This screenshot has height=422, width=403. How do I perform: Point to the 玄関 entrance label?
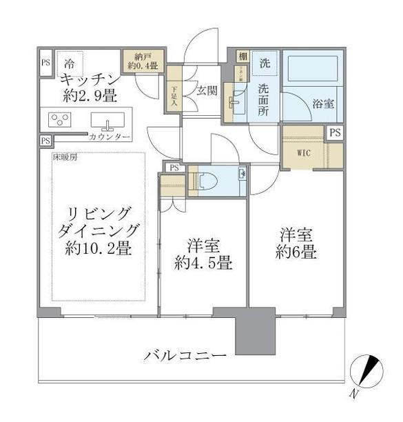pos(208,89)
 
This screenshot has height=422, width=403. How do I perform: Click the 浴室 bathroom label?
pos(323,104)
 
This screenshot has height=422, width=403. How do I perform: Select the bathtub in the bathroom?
pos(311,70)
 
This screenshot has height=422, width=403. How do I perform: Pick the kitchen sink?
pos(109,121)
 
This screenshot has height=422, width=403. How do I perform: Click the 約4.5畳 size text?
pos(203,263)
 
